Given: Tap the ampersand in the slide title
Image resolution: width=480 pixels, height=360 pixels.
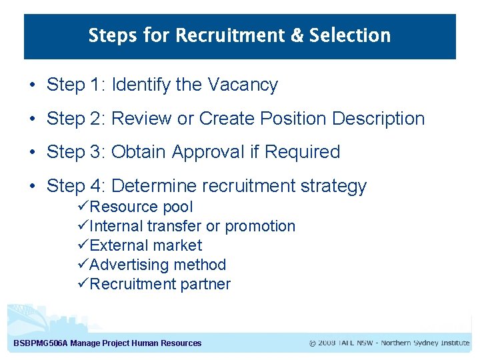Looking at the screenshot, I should coord(296,35).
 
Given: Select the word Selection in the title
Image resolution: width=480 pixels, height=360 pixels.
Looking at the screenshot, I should coord(349,35).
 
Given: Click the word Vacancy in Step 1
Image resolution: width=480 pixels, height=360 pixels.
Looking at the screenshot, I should coord(243,85).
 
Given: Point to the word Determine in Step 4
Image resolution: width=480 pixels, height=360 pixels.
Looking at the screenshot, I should coord(154,186).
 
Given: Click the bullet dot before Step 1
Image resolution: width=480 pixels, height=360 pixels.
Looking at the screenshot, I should coord(32,86).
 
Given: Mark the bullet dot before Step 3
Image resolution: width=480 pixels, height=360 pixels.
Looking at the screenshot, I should coord(32,153).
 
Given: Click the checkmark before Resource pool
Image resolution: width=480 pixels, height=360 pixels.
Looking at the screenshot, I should coord(83,207).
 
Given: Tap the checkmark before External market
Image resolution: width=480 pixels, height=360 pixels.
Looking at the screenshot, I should coord(83,245).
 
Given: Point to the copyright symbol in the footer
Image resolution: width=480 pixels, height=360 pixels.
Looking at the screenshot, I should coord(312,343).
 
